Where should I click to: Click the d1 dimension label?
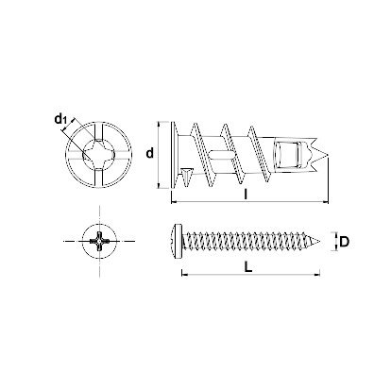60,118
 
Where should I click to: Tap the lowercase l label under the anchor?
246,195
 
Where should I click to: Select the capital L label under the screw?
246,267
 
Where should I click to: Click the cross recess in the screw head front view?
95,242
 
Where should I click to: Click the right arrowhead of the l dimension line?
331,204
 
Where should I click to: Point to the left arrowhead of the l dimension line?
172,204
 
